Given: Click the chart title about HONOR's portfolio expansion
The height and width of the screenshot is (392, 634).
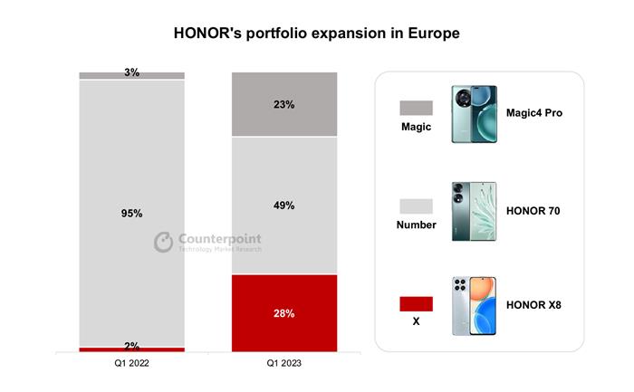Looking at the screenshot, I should pyautogui.click(x=317, y=33).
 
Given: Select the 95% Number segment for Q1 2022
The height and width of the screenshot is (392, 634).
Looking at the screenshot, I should pyautogui.click(x=131, y=213).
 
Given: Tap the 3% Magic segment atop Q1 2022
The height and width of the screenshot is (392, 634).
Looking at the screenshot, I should pyautogui.click(x=131, y=74).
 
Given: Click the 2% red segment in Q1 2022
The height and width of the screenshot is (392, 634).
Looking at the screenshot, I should pyautogui.click(x=131, y=349).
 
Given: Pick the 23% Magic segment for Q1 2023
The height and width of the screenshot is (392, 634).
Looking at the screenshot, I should pyautogui.click(x=283, y=104).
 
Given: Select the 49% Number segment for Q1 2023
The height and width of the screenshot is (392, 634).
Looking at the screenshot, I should pyautogui.click(x=283, y=205).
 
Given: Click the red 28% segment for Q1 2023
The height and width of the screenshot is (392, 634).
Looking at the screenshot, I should pyautogui.click(x=283, y=312).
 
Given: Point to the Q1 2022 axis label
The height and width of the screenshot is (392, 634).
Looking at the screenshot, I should pyautogui.click(x=131, y=362).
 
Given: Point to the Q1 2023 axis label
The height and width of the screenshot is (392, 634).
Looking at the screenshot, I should pyautogui.click(x=283, y=362).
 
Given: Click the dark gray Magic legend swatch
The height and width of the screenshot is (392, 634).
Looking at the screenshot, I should pyautogui.click(x=416, y=108).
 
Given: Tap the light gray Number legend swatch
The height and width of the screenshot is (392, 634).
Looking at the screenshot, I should pyautogui.click(x=416, y=206).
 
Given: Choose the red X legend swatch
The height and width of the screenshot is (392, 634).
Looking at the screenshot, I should pyautogui.click(x=416, y=303).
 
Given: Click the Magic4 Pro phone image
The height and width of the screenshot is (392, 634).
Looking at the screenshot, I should pyautogui.click(x=474, y=112).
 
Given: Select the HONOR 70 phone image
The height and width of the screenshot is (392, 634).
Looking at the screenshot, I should pyautogui.click(x=474, y=210).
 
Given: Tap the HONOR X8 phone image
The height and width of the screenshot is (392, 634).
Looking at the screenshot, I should pyautogui.click(x=474, y=307).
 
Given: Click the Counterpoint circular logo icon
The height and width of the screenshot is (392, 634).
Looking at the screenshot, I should pyautogui.click(x=163, y=242).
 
